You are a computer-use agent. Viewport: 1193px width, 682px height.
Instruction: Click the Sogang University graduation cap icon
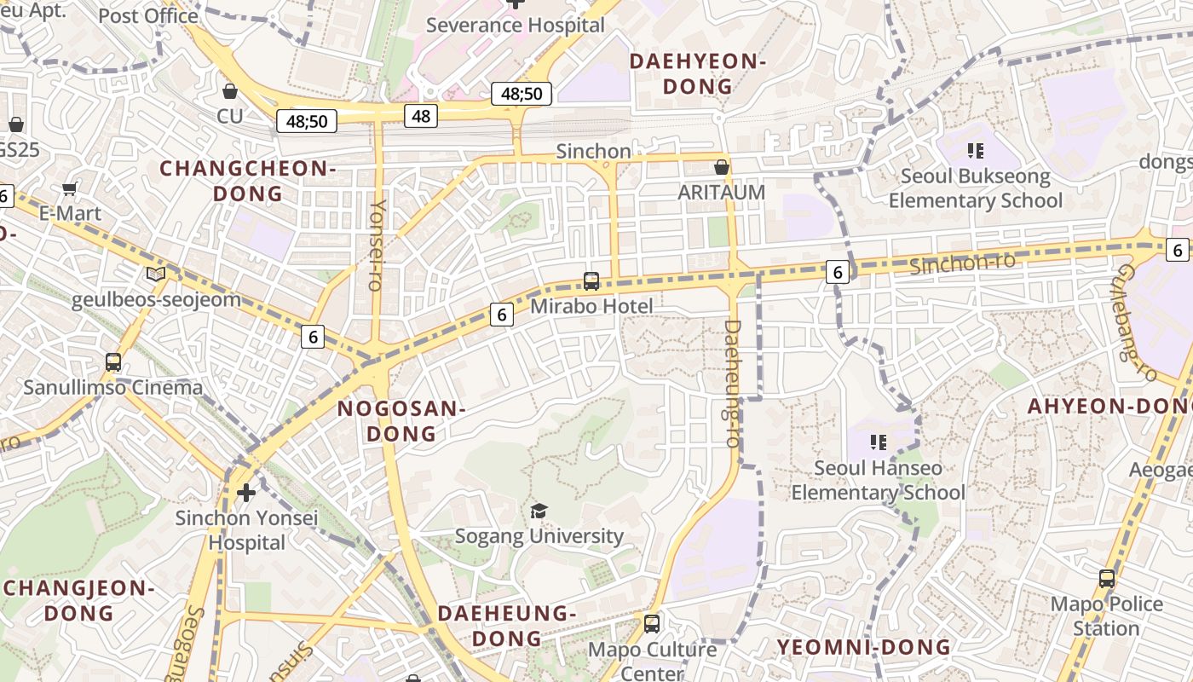(539, 511)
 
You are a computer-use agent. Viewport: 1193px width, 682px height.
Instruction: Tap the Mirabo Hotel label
(591, 306)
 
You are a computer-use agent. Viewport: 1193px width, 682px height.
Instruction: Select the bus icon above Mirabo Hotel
(591, 280)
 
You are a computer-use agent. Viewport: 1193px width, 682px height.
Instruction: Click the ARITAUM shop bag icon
(722, 167)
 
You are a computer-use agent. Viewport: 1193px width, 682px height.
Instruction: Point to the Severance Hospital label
(515, 26)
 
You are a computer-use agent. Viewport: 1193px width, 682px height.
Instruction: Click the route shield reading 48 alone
(421, 115)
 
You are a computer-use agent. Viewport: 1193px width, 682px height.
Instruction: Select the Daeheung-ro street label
(730, 383)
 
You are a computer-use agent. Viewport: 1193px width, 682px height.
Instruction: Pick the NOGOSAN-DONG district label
(401, 421)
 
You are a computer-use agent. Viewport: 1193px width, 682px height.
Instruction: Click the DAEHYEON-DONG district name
(697, 73)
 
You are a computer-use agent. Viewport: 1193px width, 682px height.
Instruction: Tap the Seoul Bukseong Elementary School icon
(976, 152)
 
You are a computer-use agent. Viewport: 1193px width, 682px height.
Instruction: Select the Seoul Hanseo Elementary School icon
(879, 442)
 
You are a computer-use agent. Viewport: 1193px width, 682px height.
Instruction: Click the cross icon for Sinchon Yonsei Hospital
(246, 493)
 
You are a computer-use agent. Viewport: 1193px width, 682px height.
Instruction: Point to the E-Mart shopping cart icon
(70, 188)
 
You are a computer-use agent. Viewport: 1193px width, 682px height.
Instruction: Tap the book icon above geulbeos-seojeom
(155, 275)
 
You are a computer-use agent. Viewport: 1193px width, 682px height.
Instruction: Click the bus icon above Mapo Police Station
(1106, 579)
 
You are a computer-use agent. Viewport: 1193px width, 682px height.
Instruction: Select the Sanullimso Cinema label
(113, 388)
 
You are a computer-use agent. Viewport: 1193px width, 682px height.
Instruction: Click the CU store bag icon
(229, 90)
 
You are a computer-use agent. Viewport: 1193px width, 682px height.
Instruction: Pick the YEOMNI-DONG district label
(863, 647)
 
